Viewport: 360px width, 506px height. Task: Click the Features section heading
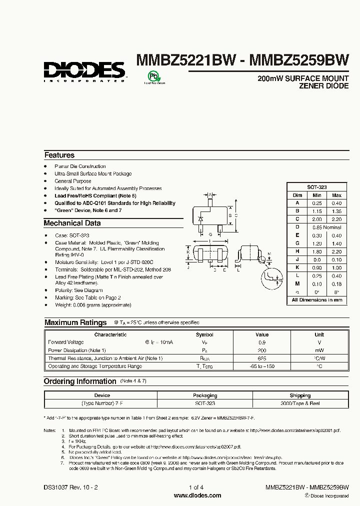point(59,155)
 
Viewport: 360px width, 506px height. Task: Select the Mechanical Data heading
point(72,223)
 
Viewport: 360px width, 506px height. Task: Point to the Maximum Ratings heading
point(75,322)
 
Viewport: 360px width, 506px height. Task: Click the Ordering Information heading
point(80,381)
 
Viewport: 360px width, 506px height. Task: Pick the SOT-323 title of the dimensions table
point(316,186)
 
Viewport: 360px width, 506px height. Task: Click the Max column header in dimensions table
point(336,195)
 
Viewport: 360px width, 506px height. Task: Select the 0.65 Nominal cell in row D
point(326,227)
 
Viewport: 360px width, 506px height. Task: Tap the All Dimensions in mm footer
point(317,300)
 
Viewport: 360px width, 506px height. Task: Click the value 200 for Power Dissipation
point(262,350)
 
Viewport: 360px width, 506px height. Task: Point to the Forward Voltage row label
point(66,342)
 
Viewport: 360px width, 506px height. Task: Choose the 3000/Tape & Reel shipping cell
point(300,403)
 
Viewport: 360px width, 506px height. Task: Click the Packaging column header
point(205,395)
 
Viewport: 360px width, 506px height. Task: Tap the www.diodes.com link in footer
point(197,495)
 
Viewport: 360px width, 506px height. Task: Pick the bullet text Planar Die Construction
point(80,166)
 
